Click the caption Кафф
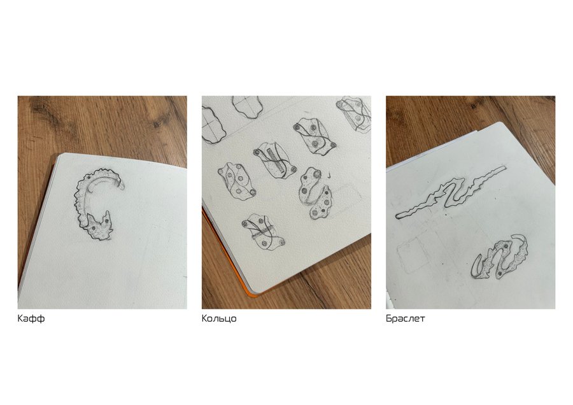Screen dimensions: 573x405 coord(31,318)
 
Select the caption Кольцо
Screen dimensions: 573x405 coord(219,319)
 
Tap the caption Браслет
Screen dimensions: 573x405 coord(406,318)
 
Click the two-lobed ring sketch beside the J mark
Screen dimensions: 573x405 coord(315,193)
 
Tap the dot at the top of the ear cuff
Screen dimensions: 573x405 coord(88,176)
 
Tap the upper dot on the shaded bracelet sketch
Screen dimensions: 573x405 coord(506,247)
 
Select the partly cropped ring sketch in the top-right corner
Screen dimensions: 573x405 coord(354,114)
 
